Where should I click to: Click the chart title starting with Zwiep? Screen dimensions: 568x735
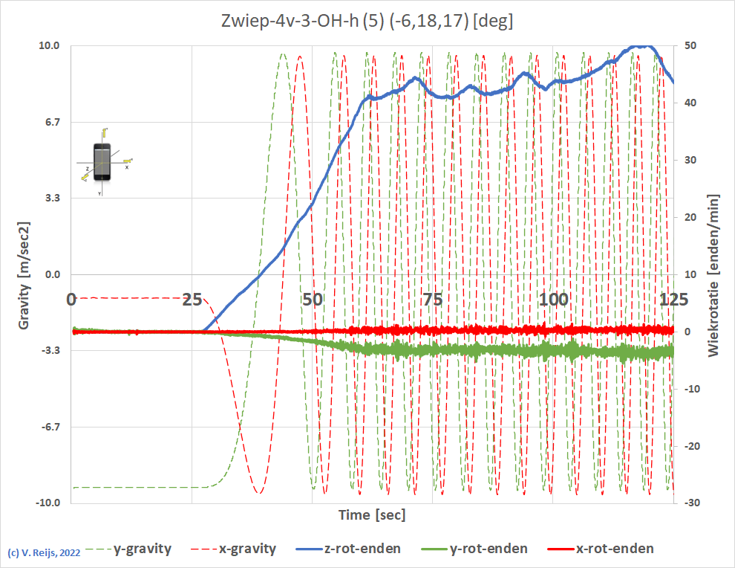367,22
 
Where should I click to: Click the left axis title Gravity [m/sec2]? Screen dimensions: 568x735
24,275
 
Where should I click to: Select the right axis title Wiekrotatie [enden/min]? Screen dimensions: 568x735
713,275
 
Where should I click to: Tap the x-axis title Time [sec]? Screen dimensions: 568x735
372,514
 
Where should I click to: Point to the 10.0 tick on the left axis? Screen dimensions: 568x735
50,45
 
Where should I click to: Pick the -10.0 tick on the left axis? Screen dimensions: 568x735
48,503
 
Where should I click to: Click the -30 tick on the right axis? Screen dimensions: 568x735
690,503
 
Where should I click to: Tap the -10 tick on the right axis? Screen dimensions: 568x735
690,389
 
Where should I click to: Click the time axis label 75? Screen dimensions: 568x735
433,300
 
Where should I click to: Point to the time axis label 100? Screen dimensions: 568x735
553,300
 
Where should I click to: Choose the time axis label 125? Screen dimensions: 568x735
673,300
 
